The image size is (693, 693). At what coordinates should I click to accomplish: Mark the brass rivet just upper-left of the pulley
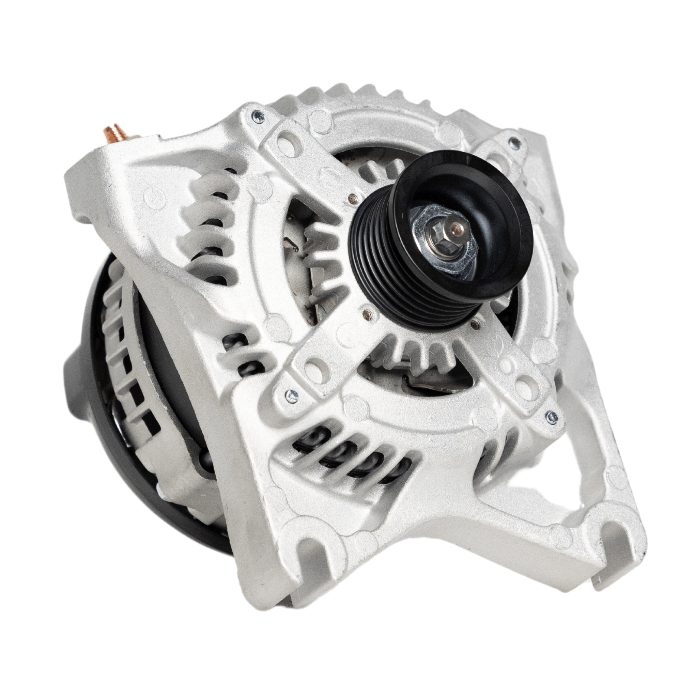352,197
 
